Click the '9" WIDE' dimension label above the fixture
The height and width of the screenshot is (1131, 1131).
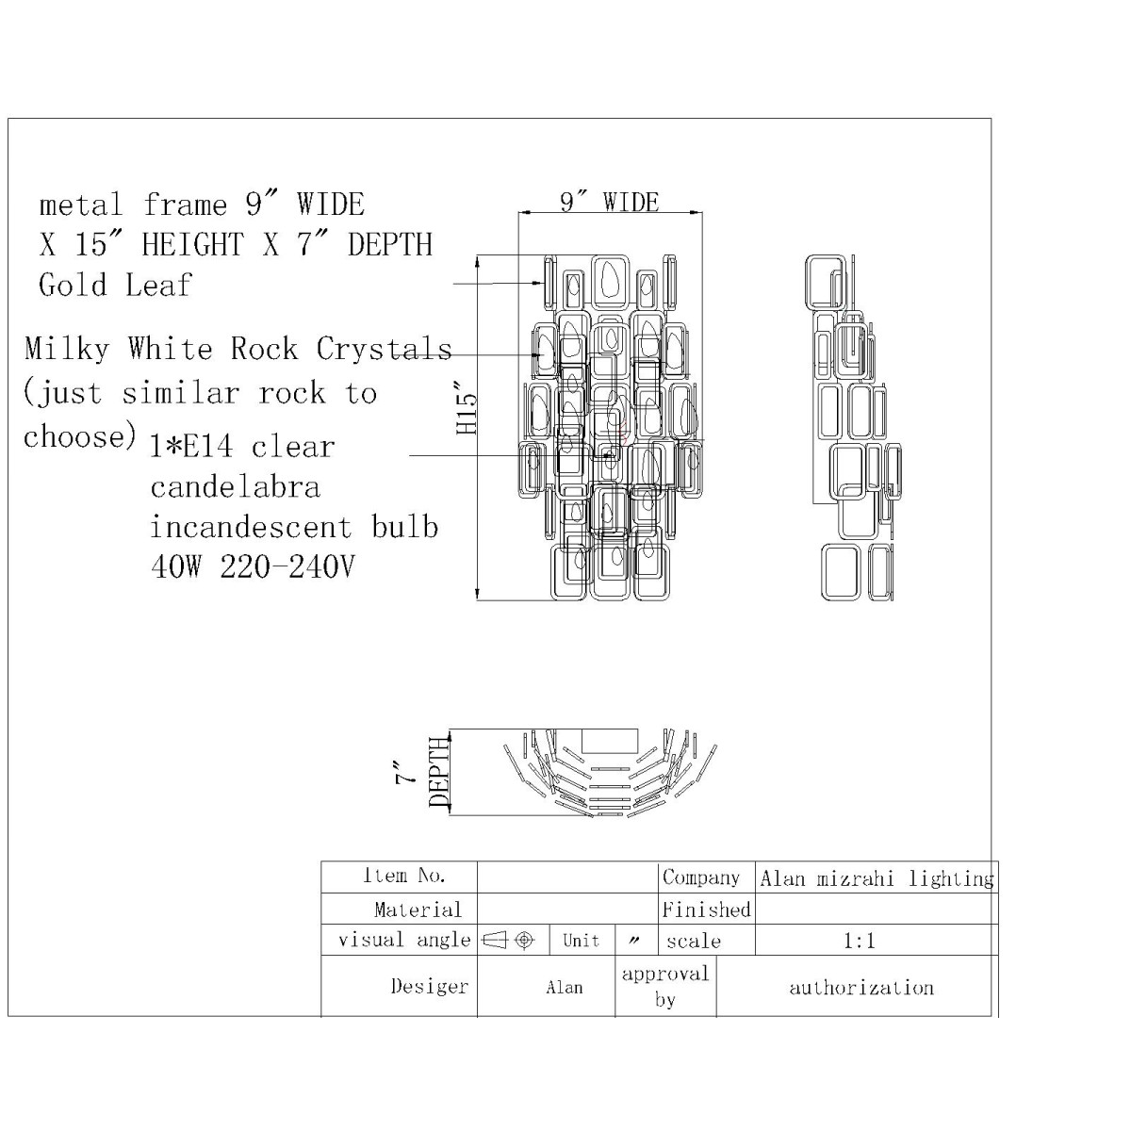pos(609,203)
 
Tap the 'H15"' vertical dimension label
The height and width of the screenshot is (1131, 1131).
pos(467,407)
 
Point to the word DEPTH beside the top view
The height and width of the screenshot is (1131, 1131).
pos(439,773)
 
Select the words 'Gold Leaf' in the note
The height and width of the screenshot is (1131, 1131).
pos(116,286)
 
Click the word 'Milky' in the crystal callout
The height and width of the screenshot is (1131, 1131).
pos(67,349)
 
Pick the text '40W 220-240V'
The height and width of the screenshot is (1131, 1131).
pos(253,567)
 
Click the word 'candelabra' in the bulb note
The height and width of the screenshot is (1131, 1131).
pos(236,487)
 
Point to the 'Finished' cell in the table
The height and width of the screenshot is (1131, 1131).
pos(706,910)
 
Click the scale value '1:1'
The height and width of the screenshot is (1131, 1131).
pos(860,941)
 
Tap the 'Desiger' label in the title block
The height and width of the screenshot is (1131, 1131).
pos(430,987)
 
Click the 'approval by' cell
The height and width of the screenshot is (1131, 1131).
pos(665,986)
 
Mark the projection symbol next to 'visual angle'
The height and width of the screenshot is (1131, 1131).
pos(508,941)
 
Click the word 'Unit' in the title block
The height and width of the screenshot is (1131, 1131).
pos(582,941)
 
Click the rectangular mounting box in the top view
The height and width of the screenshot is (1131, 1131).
pos(609,741)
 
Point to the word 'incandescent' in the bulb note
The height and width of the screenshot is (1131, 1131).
pos(252,527)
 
